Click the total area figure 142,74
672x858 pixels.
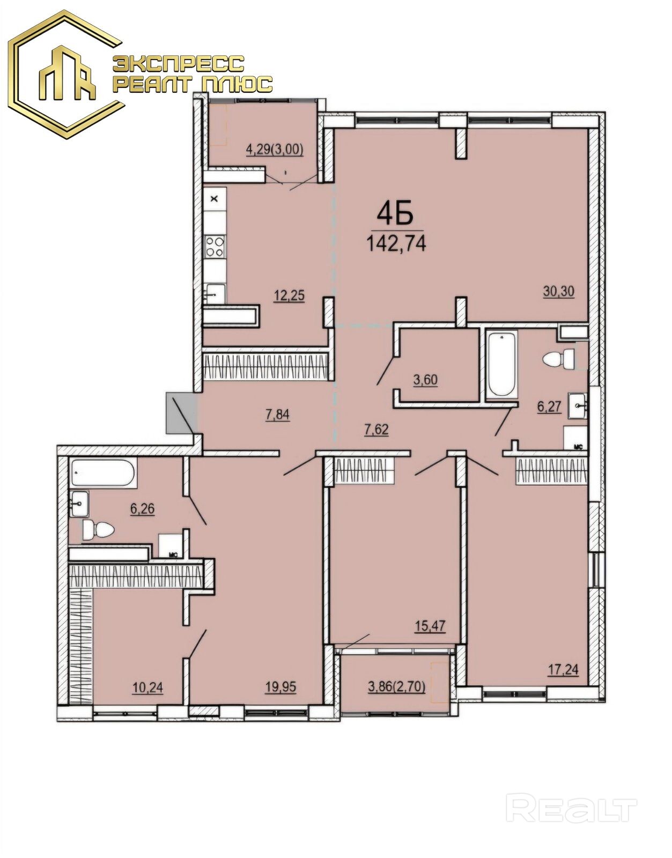pyautogui.click(x=396, y=243)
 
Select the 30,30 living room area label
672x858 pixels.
pyautogui.click(x=559, y=292)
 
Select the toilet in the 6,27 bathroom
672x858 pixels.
pyautogui.click(x=559, y=359)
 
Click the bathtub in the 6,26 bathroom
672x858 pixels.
pyautogui.click(x=104, y=472)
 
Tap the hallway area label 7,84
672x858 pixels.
pyautogui.click(x=278, y=415)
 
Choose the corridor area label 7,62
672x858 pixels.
pyautogui.click(x=376, y=429)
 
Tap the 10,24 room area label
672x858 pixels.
pyautogui.click(x=147, y=688)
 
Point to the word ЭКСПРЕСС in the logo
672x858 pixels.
pyautogui.click(x=179, y=64)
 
